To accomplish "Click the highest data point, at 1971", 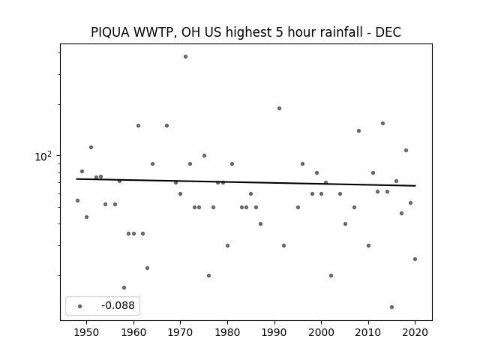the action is pos(185,57).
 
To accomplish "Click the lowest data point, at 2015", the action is pos(391,307).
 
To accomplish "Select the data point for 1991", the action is pos(279,108).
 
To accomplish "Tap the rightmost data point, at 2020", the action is pos(415,259).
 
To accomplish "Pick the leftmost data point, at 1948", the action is pos(77,200).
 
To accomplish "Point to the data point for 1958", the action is pos(124,287).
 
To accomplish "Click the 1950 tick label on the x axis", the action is pos(87,332).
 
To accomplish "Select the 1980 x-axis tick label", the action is pos(227,332).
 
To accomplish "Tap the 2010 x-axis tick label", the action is pos(368,332).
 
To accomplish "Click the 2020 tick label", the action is pos(415,332).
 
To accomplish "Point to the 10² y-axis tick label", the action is pos(43,157).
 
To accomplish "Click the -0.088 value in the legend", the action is pos(118,305).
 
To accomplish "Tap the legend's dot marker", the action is pos(79,306).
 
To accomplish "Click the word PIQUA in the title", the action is pos(110,32).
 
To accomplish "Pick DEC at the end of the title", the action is pos(388,32).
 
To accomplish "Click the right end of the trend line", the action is pos(415,186).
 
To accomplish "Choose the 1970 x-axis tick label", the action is pos(180,332).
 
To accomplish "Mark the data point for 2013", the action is pos(382,123).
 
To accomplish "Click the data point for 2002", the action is pos(331,275).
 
